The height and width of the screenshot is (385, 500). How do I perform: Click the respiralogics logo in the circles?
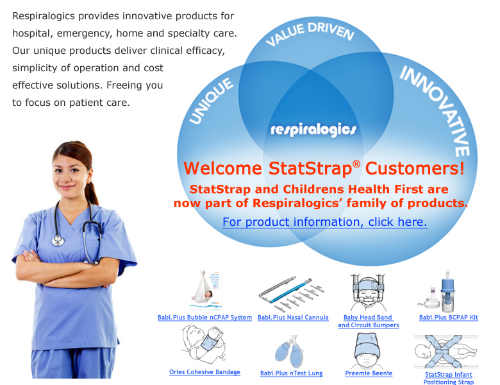click(x=313, y=130)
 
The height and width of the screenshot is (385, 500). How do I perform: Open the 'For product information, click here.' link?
click(x=324, y=222)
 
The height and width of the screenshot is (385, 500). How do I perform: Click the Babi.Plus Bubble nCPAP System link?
click(x=204, y=318)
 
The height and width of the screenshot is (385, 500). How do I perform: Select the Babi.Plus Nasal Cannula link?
click(x=293, y=318)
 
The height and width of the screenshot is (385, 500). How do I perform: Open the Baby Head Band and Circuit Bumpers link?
click(x=368, y=321)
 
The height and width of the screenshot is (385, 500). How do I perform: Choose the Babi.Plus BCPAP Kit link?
click(x=448, y=318)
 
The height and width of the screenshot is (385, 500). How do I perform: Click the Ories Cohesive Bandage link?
click(x=204, y=372)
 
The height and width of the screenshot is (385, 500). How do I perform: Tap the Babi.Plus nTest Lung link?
click(x=291, y=373)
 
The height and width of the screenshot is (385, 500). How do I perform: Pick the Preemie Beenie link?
click(x=369, y=373)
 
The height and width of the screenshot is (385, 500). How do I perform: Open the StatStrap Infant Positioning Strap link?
click(x=449, y=378)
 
